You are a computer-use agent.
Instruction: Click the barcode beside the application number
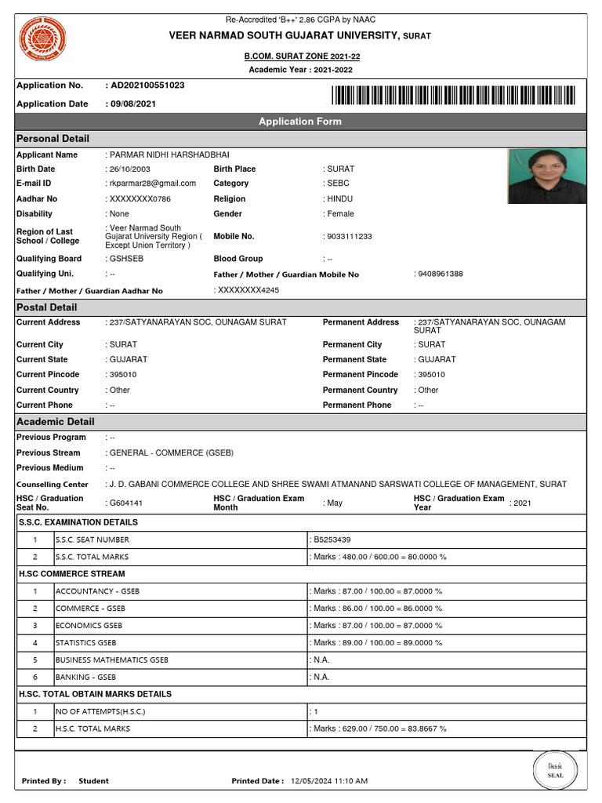[x=453, y=95]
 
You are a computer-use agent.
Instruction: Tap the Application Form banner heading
[x=300, y=122]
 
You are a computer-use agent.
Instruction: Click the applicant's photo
[x=547, y=176]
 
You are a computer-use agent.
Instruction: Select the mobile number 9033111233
[x=350, y=237]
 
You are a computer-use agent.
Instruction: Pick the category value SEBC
[x=339, y=183]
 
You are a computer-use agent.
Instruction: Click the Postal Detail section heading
[x=47, y=307]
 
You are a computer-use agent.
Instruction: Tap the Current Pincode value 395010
[x=123, y=375]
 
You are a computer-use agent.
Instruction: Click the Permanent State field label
[x=354, y=360]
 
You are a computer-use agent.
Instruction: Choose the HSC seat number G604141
[x=126, y=503]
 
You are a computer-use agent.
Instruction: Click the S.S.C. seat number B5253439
[x=332, y=540]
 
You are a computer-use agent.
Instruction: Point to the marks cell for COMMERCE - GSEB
[x=377, y=609]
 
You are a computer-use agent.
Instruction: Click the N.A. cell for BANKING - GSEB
[x=321, y=677]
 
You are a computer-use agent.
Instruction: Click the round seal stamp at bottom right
[x=555, y=770]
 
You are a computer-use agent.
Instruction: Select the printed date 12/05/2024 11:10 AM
[x=329, y=781]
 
